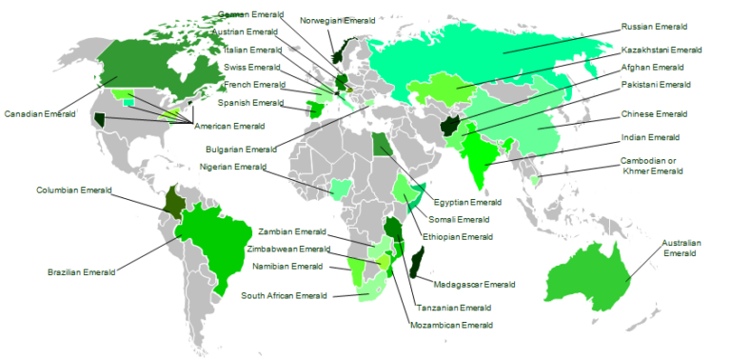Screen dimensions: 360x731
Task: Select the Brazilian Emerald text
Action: [x=81, y=272]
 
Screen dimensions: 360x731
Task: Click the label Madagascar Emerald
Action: [x=474, y=284]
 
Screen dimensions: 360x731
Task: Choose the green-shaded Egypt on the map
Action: [x=382, y=146]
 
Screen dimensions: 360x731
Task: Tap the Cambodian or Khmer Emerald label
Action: [x=652, y=166]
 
